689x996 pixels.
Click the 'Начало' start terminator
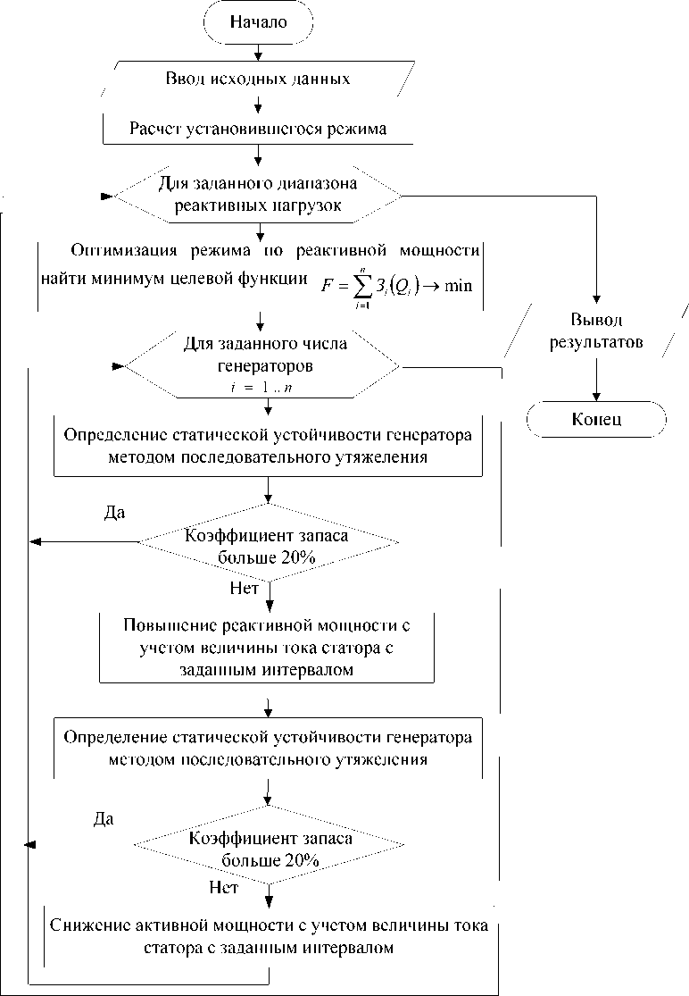coord(259,22)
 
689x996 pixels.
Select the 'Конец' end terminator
coord(597,420)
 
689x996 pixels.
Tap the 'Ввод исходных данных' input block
coord(258,78)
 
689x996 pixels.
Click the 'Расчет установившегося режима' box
coord(258,130)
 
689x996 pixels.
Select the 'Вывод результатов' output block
coord(596,331)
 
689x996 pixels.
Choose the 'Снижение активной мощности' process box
coord(268,935)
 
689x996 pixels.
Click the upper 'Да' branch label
coord(115,513)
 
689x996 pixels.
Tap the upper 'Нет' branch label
coord(244,590)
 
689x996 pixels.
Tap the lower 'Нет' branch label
coord(223,887)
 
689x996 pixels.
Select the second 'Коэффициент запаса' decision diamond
coord(268,850)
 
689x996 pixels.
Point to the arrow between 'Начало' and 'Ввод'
coord(258,50)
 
